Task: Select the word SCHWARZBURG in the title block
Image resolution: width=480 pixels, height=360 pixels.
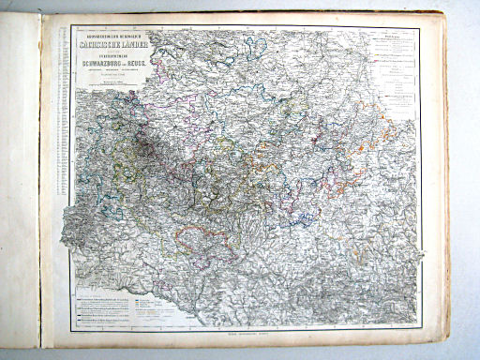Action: tap(100, 64)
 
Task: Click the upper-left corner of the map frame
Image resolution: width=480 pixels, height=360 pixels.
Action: tap(71, 24)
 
